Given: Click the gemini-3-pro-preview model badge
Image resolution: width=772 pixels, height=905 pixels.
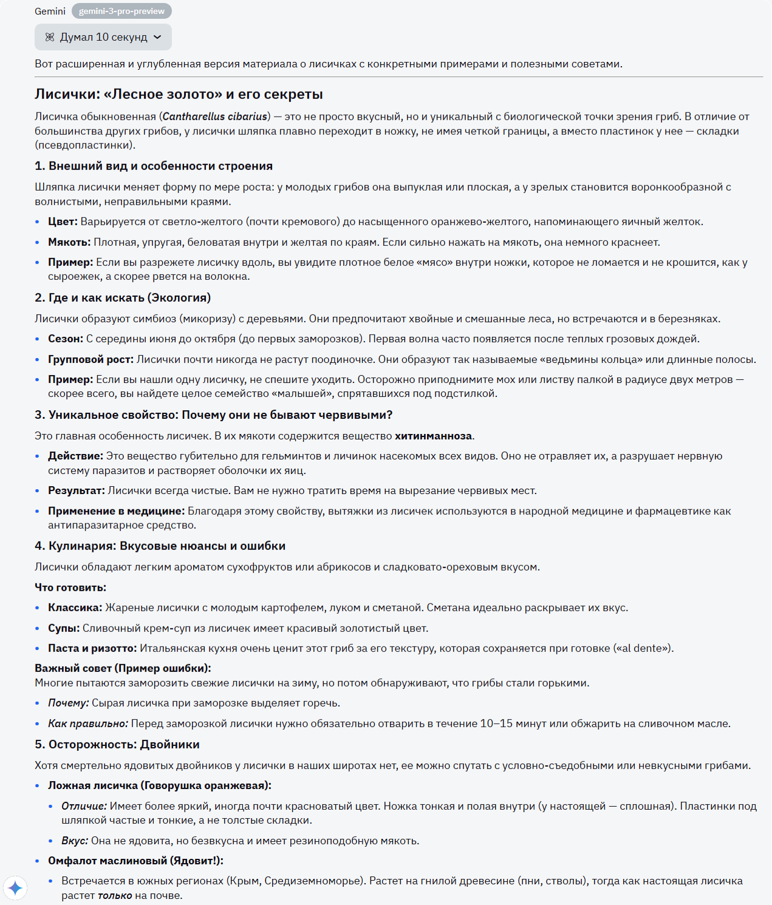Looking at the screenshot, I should (121, 11).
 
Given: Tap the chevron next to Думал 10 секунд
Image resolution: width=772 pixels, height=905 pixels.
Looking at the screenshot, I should (158, 37).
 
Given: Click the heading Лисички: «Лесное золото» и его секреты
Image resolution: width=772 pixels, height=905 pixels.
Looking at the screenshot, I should (179, 94).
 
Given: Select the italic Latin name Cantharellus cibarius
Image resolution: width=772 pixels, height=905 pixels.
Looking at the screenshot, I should (215, 117).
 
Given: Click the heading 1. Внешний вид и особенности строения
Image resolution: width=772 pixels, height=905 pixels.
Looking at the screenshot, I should (154, 166).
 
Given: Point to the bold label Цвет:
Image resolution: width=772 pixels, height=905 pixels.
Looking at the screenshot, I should (63, 222).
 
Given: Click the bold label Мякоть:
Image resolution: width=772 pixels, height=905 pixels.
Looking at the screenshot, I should (69, 242).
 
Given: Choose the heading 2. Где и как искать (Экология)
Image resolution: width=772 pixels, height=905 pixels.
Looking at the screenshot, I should (123, 297).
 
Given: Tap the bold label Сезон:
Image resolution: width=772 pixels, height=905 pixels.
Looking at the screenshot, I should (66, 339).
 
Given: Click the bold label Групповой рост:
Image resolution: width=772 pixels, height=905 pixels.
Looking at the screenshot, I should (91, 359).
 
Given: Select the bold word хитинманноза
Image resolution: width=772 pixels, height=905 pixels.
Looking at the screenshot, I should (433, 436).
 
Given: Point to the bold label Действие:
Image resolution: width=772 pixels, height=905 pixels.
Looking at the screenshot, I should (75, 456).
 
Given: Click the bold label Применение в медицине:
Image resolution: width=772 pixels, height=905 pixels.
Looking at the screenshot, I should (116, 511).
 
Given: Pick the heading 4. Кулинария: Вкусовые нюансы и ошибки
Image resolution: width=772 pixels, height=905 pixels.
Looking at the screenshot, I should (160, 546).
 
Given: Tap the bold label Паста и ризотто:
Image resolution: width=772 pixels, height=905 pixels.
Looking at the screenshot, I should (92, 648).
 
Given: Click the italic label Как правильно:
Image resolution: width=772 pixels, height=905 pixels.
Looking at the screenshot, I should (88, 724).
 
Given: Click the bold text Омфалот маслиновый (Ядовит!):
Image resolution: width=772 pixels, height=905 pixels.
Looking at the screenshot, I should (135, 861).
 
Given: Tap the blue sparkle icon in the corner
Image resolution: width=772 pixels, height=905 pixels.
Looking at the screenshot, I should (15, 889).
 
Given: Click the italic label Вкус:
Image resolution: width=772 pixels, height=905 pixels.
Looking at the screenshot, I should (75, 841).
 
